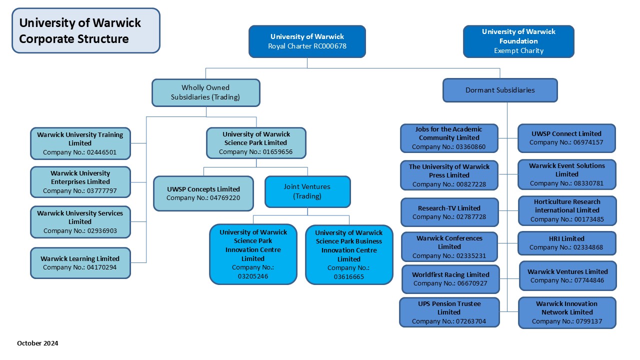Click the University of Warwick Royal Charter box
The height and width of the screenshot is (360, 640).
pos(307,41)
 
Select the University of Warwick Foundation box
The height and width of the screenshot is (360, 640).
pos(518,41)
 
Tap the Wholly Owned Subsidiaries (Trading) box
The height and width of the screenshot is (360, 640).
pos(205,92)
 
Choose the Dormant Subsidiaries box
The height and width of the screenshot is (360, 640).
pos(500,90)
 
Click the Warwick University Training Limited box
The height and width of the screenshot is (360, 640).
pos(80,143)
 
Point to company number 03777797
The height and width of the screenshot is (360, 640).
pos(80,190)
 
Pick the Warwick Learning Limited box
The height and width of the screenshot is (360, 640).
pos(80,262)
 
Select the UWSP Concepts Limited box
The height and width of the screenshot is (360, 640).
pos(203,193)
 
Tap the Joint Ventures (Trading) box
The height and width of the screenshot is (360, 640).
pos(307,191)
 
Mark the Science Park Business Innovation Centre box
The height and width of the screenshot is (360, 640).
pos(348,254)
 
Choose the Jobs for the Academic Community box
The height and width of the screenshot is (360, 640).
pos(449,138)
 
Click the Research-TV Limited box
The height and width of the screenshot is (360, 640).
pos(449,212)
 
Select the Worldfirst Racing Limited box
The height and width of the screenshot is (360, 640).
pos(450,279)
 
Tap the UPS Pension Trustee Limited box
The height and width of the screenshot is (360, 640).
pos(449,312)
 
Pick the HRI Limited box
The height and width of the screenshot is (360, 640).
pos(566,243)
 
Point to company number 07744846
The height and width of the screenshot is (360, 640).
pos(567,280)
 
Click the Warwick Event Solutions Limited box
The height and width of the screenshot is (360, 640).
pos(566,174)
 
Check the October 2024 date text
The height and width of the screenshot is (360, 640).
pos(37,343)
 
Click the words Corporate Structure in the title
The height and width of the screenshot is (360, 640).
pos(73,38)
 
